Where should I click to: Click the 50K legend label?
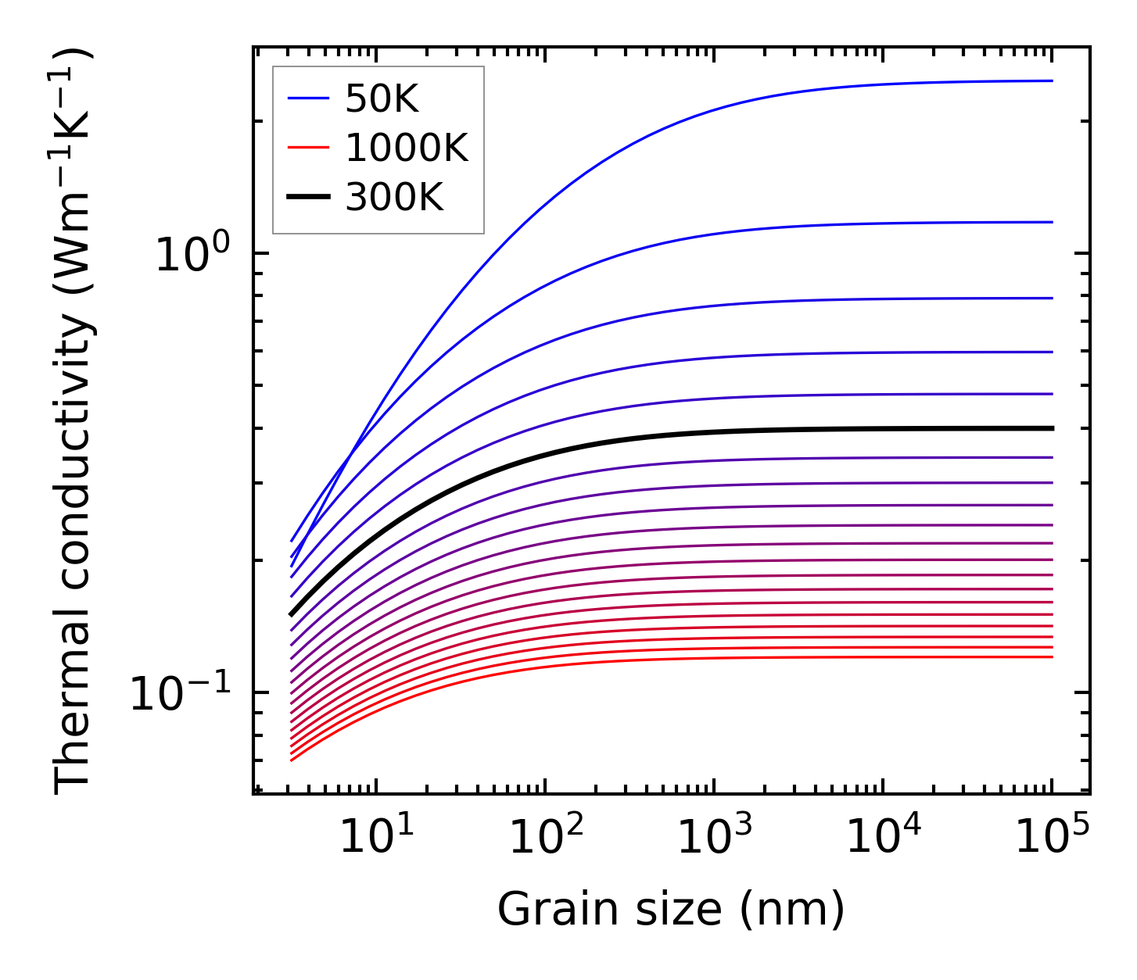tap(382, 99)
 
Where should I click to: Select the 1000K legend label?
tap(406, 148)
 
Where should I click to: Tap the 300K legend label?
tap(393, 199)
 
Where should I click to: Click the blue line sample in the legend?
tap(309, 98)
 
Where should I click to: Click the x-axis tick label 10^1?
tap(378, 838)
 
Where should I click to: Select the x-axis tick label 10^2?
tap(547, 838)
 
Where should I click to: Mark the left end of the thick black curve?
tap(291, 615)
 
